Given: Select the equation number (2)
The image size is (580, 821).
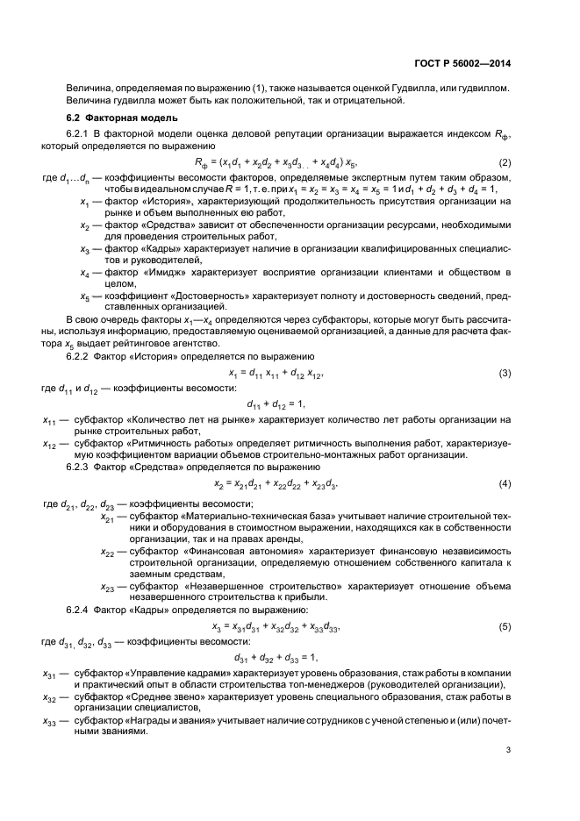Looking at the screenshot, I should pos(505,163).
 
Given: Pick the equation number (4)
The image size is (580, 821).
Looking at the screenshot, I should pos(505,484).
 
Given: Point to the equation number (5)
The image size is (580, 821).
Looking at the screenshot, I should pos(505,627).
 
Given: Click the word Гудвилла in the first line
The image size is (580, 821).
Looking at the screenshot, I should pos(426,89).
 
